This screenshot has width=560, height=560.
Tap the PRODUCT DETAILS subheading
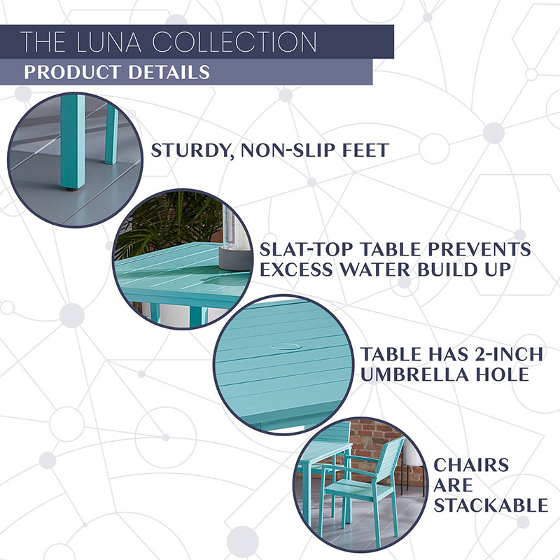pyautogui.click(x=116, y=72)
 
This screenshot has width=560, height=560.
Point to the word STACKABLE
pyautogui.click(x=491, y=505)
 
